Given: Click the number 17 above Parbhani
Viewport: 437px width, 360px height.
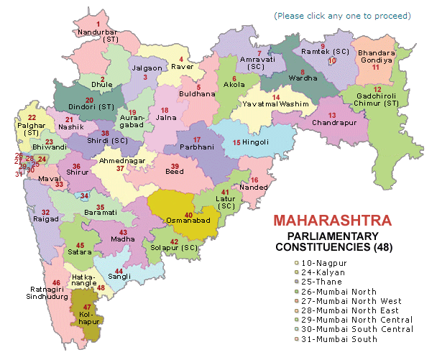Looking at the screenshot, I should coord(196,138).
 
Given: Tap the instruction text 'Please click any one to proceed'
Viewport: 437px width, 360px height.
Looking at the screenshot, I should coord(342,15).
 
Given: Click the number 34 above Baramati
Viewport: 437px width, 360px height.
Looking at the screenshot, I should coord(85,195).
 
